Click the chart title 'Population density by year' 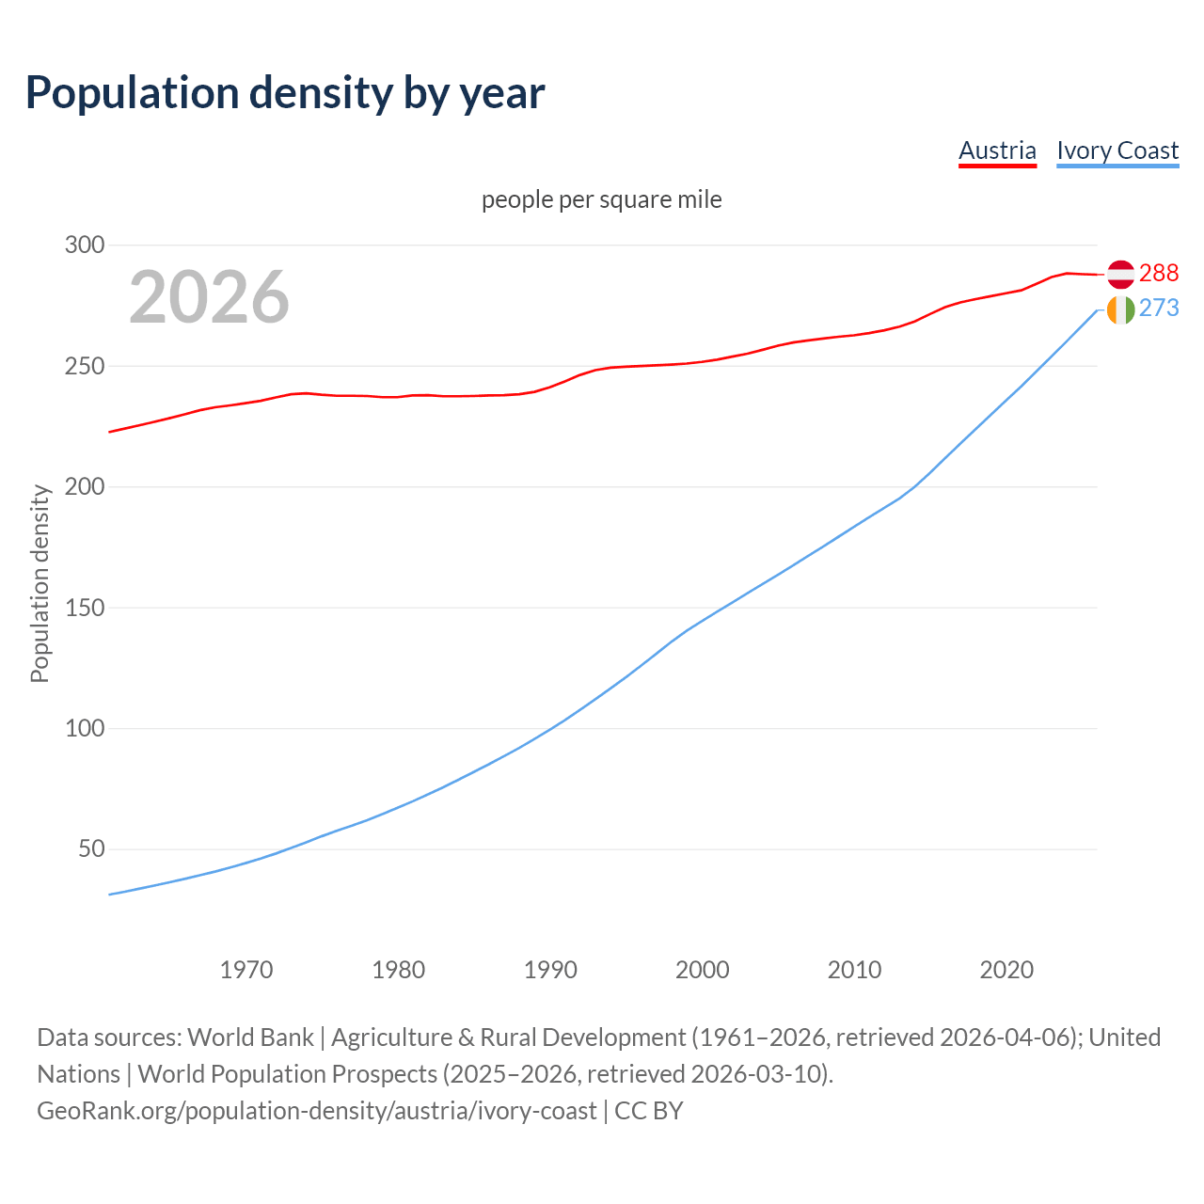(x=285, y=92)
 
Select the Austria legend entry (x=997, y=150)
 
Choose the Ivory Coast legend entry (x=1117, y=150)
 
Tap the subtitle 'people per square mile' (x=601, y=199)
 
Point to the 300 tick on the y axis (x=84, y=246)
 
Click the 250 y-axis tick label (x=84, y=366)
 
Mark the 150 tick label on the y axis (x=84, y=608)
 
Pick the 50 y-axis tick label (x=89, y=849)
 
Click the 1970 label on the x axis (x=246, y=970)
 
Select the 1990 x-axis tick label (x=550, y=970)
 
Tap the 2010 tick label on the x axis (x=854, y=970)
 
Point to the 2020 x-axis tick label (x=1006, y=970)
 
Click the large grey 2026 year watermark (x=209, y=297)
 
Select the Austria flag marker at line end (x=1120, y=274)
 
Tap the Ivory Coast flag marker (x=1120, y=309)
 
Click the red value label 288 (x=1158, y=273)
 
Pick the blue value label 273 (x=1158, y=309)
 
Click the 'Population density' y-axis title (x=40, y=583)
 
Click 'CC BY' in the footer (x=649, y=1111)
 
